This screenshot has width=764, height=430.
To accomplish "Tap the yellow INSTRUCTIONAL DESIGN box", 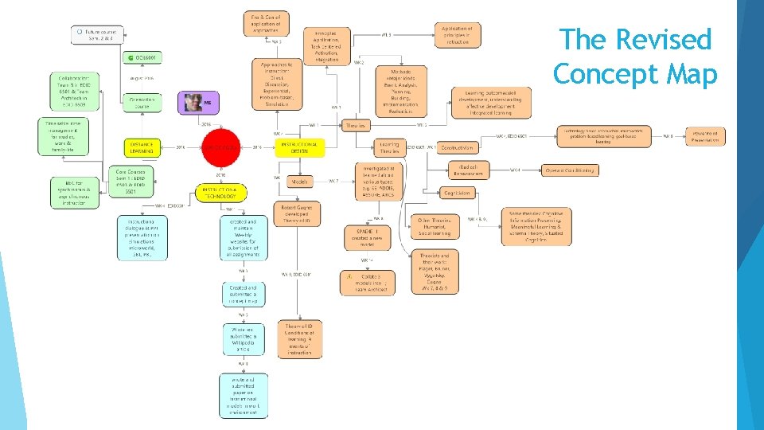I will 299,147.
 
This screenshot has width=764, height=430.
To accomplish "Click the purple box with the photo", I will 197,102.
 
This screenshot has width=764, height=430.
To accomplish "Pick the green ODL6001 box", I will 142,57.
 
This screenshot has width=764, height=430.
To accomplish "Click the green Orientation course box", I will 142,103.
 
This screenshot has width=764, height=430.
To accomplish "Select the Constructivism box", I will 457,147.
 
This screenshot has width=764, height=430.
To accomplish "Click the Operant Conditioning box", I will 570,170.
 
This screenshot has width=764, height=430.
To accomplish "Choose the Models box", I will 300,182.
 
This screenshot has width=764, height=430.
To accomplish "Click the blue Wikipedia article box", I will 244,339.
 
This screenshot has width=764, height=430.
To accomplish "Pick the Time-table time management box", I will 62,138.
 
